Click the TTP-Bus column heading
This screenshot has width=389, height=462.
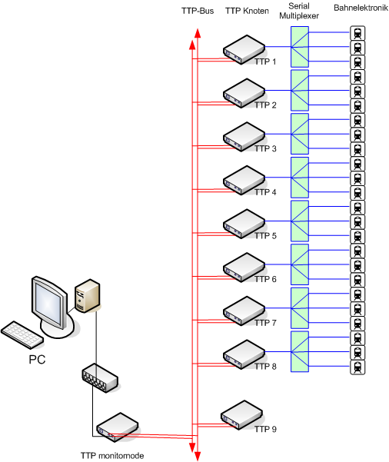tap(198, 11)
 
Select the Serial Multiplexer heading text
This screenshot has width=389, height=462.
tap(299, 11)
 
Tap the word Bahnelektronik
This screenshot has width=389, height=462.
tap(361, 8)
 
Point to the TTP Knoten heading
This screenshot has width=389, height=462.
tap(247, 11)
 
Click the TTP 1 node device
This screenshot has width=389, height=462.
tap(244, 49)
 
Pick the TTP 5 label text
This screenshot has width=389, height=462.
tap(265, 236)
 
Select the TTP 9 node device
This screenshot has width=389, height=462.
tap(241, 414)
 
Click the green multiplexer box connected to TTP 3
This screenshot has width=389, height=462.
tap(300, 134)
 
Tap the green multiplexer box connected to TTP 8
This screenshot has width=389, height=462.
tap(300, 351)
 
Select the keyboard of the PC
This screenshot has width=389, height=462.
tap(22, 334)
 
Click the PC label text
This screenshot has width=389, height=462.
tap(37, 360)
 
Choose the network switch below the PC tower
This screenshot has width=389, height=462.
tap(100, 378)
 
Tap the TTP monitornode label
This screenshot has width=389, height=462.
tap(112, 456)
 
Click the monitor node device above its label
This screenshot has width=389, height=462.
tap(118, 427)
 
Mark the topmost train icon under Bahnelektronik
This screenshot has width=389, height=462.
tap(357, 33)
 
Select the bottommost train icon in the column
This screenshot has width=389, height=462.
tap(357, 367)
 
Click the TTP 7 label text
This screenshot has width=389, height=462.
tap(265, 323)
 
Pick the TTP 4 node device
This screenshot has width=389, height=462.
tap(244, 180)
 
